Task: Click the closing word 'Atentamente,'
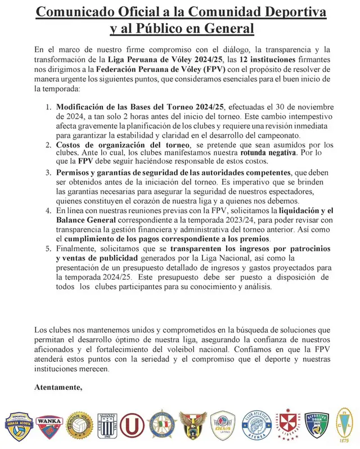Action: click(x=59, y=388)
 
